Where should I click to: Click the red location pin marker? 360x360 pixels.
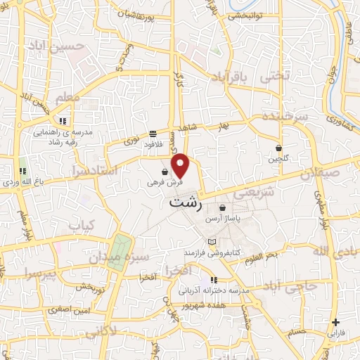point(181,165)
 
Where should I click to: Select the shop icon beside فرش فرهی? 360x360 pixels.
point(165,171)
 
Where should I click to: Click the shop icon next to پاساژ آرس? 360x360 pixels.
point(223,208)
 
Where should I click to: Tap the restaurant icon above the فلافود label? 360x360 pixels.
point(153,134)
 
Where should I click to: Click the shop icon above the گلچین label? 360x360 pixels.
point(279,148)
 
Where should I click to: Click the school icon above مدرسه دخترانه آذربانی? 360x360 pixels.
point(214,280)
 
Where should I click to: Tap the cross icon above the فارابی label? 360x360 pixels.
point(335,323)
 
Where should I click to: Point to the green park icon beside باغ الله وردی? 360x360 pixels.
point(23,170)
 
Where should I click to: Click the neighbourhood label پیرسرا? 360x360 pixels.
point(37,271)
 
